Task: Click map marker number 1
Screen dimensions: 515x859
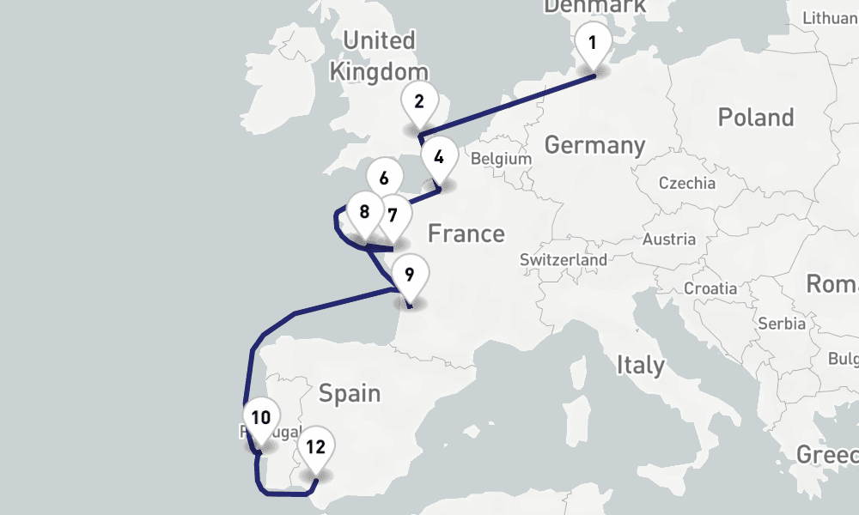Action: [x=592, y=42]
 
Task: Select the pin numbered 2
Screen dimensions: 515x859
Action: [x=418, y=102]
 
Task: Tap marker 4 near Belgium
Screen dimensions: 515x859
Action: [x=439, y=158]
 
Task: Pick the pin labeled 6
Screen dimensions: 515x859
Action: [x=383, y=179]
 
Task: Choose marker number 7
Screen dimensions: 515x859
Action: [x=392, y=214]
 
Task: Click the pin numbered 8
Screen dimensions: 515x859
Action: [x=365, y=211]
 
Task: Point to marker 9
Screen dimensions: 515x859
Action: [x=409, y=276]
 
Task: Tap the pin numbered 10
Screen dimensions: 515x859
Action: [x=261, y=418]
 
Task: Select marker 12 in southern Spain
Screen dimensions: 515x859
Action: [x=315, y=446]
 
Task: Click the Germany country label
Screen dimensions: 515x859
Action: [x=594, y=145]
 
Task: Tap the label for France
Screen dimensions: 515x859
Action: [x=466, y=233]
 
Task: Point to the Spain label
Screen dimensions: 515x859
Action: [x=349, y=393]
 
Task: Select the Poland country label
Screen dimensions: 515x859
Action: [x=755, y=117]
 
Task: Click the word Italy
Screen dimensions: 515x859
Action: [x=640, y=366]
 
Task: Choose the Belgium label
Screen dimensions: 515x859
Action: [x=502, y=159]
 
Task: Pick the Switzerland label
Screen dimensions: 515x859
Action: [x=563, y=259]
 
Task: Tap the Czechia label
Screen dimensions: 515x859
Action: [x=686, y=183]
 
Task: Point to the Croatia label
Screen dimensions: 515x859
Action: [x=710, y=288]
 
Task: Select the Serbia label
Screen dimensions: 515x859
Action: [x=782, y=324]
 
